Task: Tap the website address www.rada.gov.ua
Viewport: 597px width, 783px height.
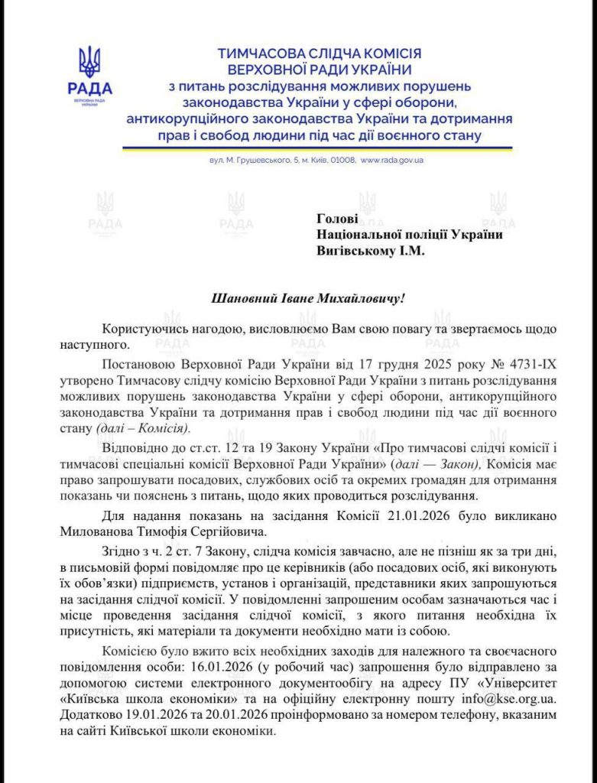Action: [391, 161]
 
